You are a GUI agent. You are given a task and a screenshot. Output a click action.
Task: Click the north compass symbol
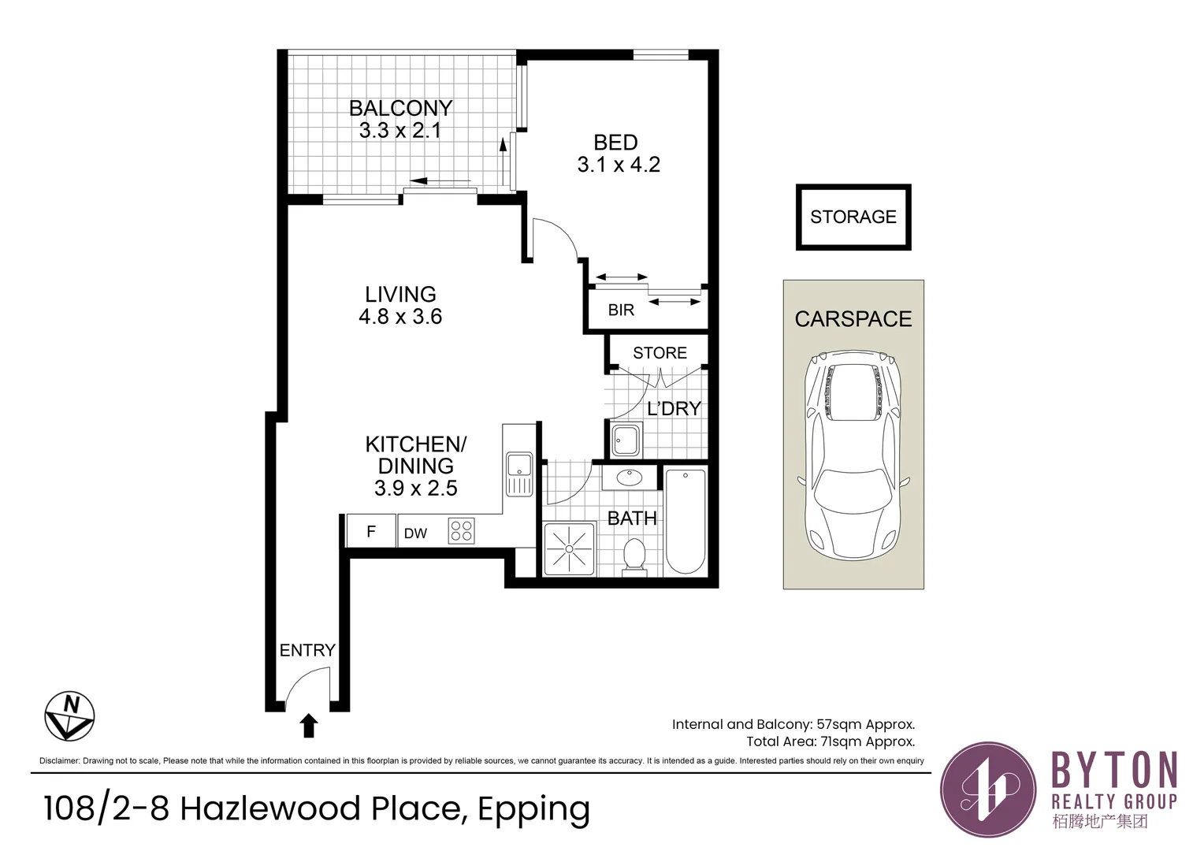69,716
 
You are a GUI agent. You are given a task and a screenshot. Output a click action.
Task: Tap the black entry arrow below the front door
309,725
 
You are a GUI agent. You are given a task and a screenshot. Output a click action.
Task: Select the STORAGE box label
853,217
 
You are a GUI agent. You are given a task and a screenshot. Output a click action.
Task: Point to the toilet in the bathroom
634,556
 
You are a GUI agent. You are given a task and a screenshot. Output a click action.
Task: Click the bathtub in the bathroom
686,520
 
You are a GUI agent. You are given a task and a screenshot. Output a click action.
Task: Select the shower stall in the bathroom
569,548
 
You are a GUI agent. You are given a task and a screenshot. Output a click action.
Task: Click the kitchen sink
519,473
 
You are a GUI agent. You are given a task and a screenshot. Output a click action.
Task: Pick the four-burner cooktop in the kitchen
462,530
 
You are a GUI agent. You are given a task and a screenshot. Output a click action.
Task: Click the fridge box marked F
371,531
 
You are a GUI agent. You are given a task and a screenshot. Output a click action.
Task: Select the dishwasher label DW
415,533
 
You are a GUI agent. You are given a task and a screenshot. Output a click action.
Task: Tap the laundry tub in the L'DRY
627,440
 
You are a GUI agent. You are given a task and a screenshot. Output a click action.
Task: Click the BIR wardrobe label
621,310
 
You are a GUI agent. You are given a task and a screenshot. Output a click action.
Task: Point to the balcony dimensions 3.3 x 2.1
400,131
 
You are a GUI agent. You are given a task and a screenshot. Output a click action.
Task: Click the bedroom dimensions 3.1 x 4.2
619,165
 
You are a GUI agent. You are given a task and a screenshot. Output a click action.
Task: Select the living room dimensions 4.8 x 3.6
400,317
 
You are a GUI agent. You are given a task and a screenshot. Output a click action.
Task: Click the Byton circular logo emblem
989,789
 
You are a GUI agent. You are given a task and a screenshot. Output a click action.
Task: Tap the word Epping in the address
533,809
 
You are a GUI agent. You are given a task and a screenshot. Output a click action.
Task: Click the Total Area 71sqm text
831,741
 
